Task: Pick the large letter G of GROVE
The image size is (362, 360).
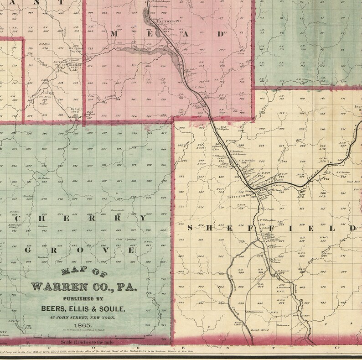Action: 29,250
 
